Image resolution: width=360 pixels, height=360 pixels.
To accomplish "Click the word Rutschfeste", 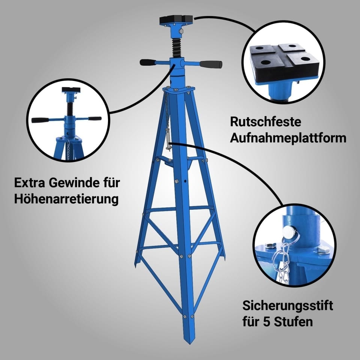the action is (265, 121).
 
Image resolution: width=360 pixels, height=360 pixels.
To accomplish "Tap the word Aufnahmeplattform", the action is (288, 138).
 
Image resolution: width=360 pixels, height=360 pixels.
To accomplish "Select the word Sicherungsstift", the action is (288, 306).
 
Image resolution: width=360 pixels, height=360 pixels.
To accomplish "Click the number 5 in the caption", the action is (266, 322).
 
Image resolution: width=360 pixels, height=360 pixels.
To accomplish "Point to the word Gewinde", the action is (74, 183).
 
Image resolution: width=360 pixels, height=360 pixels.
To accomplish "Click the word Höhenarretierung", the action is (66, 199).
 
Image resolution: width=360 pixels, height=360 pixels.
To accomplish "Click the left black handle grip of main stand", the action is (148, 62).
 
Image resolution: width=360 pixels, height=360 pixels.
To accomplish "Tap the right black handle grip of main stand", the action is (210, 64).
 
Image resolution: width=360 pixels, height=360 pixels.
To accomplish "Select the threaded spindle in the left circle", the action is (69, 109).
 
